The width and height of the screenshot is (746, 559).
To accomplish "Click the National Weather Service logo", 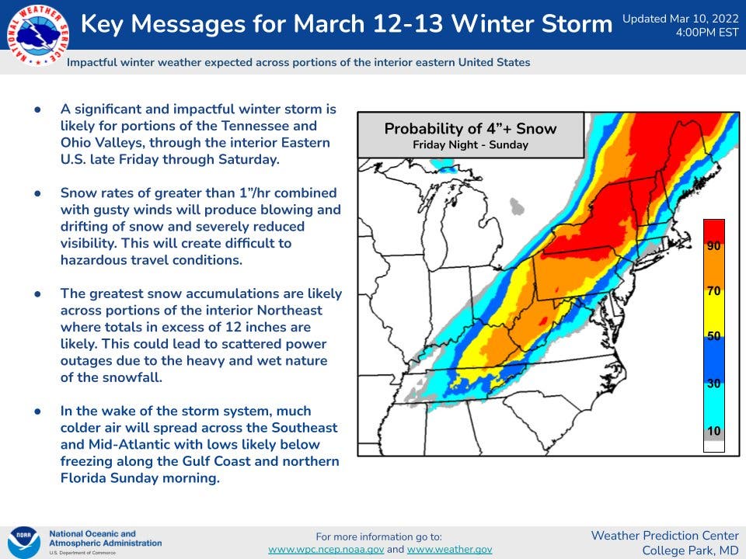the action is (x=37, y=34).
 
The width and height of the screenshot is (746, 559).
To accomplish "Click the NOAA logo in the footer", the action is (x=24, y=543).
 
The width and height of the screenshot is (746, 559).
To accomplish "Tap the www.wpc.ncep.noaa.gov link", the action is (x=326, y=550).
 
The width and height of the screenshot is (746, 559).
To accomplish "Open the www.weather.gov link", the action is (x=450, y=550).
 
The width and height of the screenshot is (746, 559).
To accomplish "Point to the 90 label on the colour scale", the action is (x=713, y=245).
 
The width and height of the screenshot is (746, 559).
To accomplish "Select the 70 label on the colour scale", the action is (x=713, y=290).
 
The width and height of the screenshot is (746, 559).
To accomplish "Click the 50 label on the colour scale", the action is (x=713, y=336).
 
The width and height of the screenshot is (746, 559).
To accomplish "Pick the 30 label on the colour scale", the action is (x=713, y=383).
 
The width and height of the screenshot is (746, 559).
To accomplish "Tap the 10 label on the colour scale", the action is (x=713, y=431).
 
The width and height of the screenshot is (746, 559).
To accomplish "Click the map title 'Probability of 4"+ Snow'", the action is (x=471, y=128).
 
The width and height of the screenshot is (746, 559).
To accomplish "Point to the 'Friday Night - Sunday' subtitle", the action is (x=471, y=144).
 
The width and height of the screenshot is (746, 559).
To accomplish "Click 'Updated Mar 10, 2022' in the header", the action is (x=681, y=19).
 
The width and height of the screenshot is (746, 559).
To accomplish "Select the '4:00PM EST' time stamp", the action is (x=707, y=33).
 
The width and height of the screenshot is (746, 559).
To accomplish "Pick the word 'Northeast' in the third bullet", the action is (x=290, y=311).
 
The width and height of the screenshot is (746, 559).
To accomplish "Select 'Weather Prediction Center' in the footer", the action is (x=664, y=536).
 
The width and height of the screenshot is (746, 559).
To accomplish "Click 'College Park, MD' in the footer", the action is (x=690, y=550).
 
